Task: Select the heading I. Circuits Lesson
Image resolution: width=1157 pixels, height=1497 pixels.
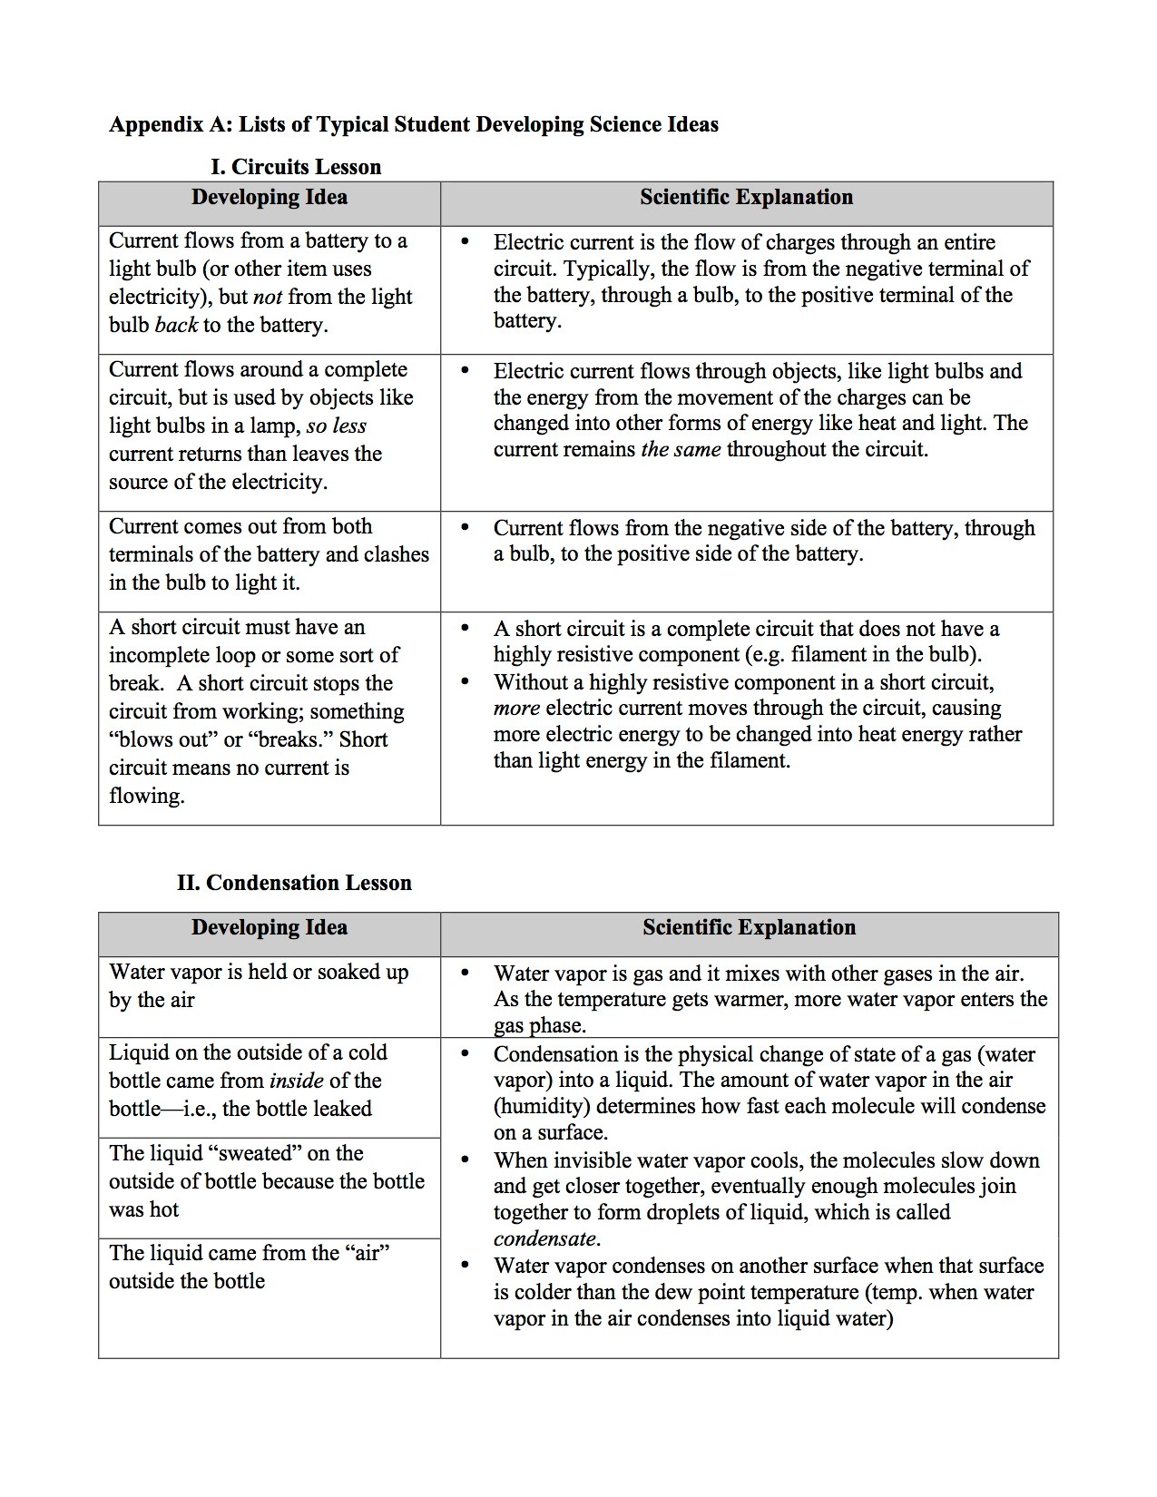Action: tap(296, 167)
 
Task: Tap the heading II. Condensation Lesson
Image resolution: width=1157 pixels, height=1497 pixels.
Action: tap(294, 883)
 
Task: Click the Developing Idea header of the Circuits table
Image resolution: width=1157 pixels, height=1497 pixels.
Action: tap(270, 198)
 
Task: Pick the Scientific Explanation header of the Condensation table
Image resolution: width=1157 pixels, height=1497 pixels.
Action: tap(749, 927)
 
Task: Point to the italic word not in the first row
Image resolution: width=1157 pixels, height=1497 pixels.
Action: tap(268, 297)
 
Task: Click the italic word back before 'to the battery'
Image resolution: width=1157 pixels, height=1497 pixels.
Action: tap(176, 325)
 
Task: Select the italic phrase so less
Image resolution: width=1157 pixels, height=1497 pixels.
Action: tap(337, 426)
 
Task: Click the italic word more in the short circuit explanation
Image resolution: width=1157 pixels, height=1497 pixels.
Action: tap(516, 709)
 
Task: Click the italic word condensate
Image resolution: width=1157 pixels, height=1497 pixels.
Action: tap(546, 1239)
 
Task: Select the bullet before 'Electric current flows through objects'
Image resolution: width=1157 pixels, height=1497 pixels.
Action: tap(466, 371)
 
